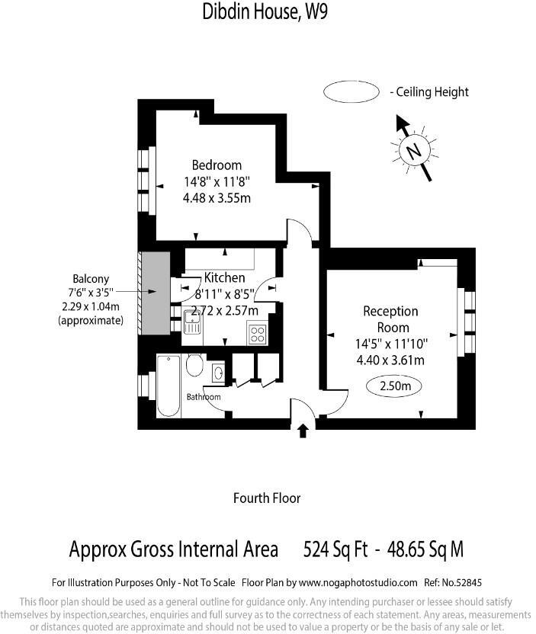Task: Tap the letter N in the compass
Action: click(414, 150)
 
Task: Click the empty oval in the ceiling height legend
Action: click(351, 92)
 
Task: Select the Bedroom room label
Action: click(217, 165)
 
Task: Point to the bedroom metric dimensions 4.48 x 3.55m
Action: click(217, 198)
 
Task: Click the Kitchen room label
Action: click(224, 278)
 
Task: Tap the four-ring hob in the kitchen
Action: click(258, 334)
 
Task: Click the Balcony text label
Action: click(91, 279)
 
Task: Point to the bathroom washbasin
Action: click(218, 373)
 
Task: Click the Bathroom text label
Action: click(204, 398)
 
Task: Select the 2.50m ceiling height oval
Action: click(394, 386)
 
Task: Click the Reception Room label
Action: click(390, 319)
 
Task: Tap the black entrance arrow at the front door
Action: click(303, 431)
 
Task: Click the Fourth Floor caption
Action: click(267, 498)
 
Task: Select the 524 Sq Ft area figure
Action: click(335, 549)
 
